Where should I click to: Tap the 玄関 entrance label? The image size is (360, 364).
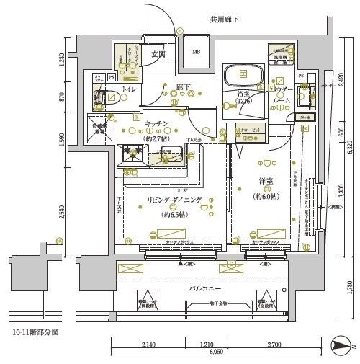pyautogui.click(x=158, y=55)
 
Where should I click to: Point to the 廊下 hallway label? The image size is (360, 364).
pyautogui.click(x=184, y=88)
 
